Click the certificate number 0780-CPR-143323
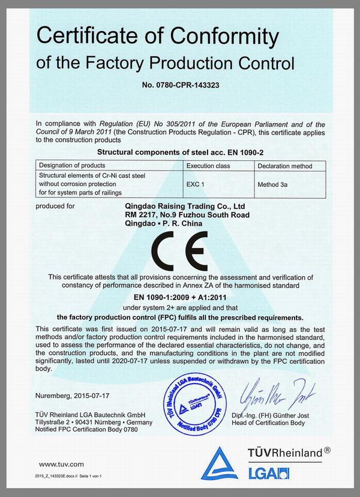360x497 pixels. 180,85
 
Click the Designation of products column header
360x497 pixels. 71,165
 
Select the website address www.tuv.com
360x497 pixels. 60,464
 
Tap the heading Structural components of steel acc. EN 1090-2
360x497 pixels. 179,153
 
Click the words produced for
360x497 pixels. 56,206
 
